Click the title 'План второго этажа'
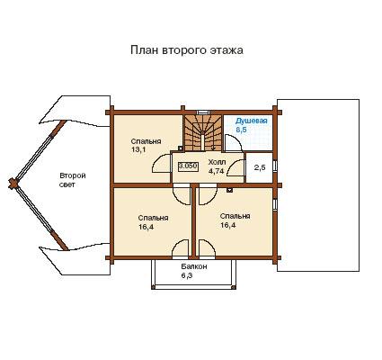[x=187, y=50]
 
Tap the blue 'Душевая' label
[x=251, y=121]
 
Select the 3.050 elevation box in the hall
[x=188, y=166]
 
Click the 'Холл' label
[x=217, y=162]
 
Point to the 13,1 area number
[x=138, y=149]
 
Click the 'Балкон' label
[x=194, y=266]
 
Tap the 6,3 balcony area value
[x=187, y=275]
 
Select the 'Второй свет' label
[x=73, y=180]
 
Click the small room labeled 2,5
[x=260, y=167]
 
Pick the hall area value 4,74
[x=216, y=171]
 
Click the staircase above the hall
[x=203, y=133]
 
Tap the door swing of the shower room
[x=233, y=143]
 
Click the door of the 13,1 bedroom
[x=162, y=164]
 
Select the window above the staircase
[x=203, y=112]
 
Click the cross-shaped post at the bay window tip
[x=13, y=184]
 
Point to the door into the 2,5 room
[x=235, y=167]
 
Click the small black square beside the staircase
[x=181, y=148]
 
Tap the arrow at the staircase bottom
[x=213, y=148]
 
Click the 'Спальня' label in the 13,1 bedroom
[x=146, y=141]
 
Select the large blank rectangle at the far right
[x=318, y=185]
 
